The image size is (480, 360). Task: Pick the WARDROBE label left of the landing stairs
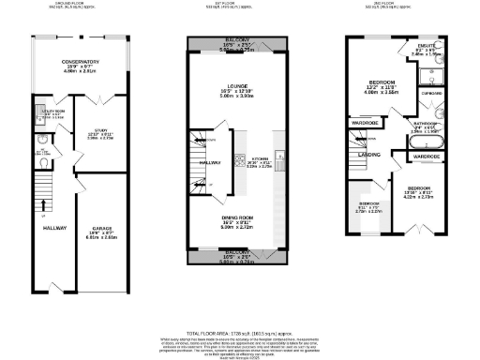(365, 123)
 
